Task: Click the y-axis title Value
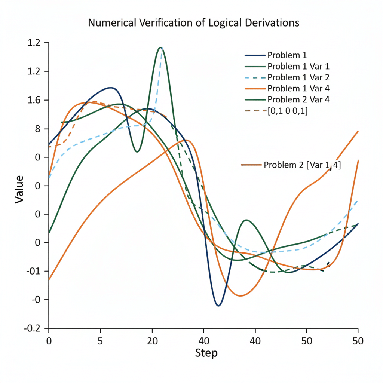pyautogui.click(x=19, y=189)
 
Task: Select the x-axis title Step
pyautogui.click(x=206, y=353)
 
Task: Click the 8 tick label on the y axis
pyautogui.click(x=37, y=129)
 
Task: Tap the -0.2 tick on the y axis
pyautogui.click(x=32, y=328)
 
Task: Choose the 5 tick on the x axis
pyautogui.click(x=100, y=341)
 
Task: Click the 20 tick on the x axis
pyautogui.click(x=152, y=341)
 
